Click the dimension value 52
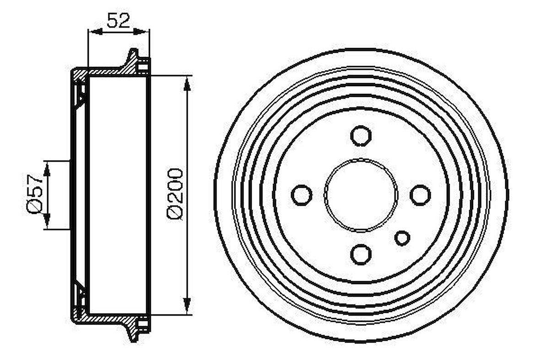(x=118, y=20)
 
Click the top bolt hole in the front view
(x=361, y=136)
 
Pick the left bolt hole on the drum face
(x=302, y=194)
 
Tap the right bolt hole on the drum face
(x=420, y=195)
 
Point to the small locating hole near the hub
(x=402, y=238)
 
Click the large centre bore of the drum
(x=361, y=195)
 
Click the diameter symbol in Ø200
(x=175, y=213)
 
